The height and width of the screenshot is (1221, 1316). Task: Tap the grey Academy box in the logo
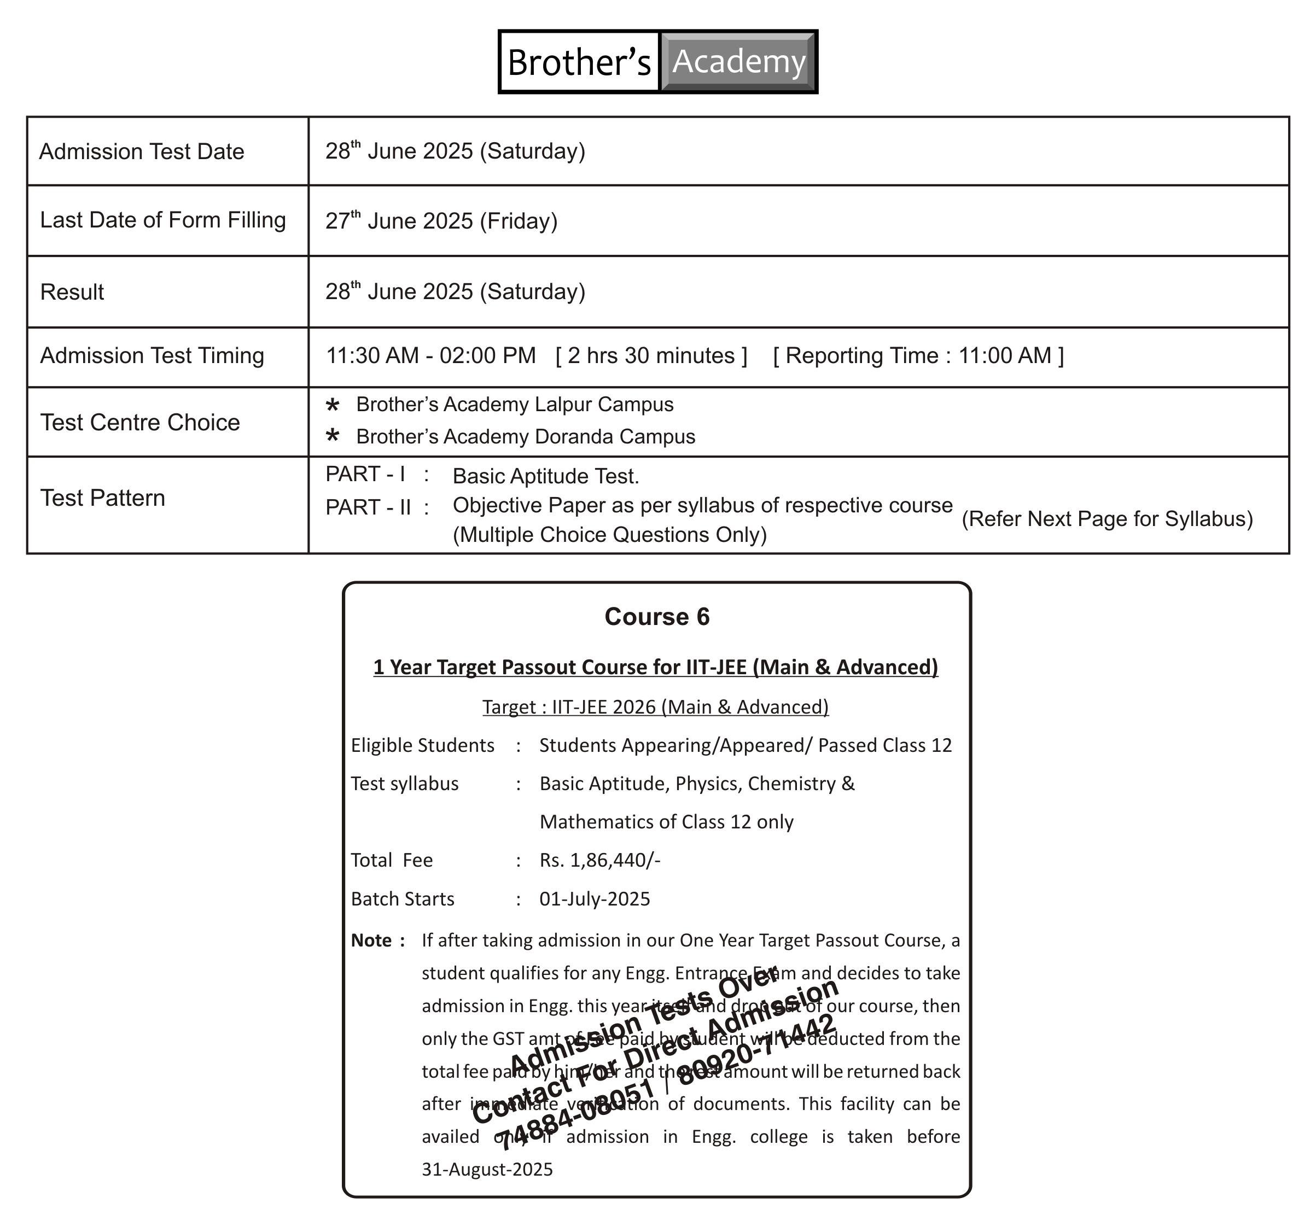[x=738, y=61]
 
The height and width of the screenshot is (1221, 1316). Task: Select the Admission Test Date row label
[x=142, y=152]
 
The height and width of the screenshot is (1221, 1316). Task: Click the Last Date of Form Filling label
[x=162, y=220]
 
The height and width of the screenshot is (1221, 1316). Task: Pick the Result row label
[x=72, y=292]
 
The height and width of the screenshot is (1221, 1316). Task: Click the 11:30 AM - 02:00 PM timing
[x=430, y=355]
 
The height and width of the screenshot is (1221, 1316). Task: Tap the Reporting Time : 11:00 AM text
[x=918, y=355]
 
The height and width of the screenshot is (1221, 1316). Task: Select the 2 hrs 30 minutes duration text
[x=651, y=355]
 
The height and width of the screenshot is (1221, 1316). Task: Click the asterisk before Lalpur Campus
[x=333, y=405]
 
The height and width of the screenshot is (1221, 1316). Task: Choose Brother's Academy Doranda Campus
[x=526, y=437]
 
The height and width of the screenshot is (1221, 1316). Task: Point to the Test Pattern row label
[x=102, y=498]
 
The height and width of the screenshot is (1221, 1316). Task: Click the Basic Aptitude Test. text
[x=545, y=476]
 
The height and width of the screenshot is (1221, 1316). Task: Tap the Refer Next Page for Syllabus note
[x=1107, y=519]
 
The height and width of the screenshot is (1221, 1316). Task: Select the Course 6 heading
[x=657, y=616]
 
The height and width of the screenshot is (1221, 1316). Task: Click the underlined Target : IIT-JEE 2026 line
[x=655, y=707]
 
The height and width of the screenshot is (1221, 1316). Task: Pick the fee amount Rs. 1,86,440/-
[x=599, y=860]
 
